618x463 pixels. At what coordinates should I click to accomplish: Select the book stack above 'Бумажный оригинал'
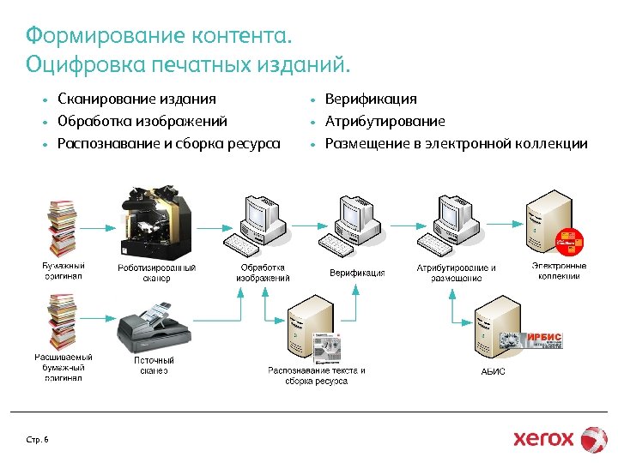coord(63,226)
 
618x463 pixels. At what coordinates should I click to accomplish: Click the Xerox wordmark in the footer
coord(543,438)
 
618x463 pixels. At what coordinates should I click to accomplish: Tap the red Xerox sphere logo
coord(594,438)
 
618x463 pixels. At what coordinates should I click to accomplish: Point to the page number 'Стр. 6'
coord(38,440)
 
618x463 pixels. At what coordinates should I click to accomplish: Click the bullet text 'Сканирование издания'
coord(136,99)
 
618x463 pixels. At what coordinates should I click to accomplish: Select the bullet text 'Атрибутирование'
coord(385,122)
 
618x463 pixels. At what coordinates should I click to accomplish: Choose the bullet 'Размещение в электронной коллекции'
coord(456,144)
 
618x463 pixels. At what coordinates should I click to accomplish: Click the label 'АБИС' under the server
coord(493,371)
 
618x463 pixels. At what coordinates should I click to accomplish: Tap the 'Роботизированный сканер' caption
coord(156,273)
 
